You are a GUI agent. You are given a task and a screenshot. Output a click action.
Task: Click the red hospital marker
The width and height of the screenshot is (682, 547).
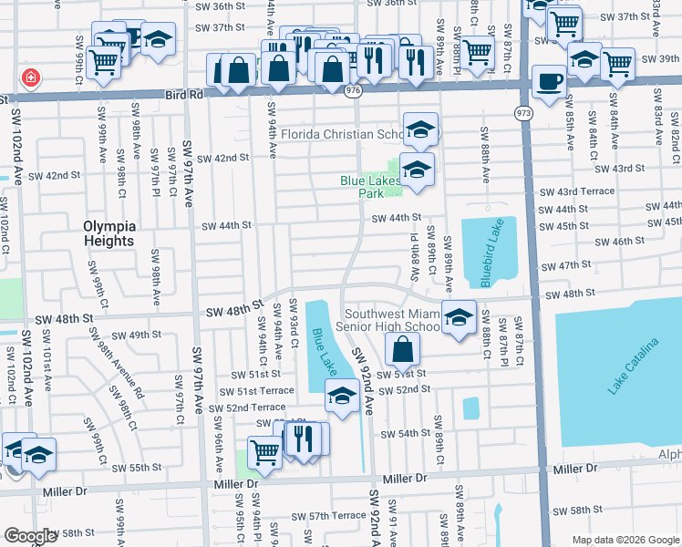tap(32, 77)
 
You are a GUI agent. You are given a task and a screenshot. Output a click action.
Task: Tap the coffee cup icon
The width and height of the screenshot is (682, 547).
tap(548, 80)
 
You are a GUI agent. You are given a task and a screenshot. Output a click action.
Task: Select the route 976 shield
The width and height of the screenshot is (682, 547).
tap(353, 92)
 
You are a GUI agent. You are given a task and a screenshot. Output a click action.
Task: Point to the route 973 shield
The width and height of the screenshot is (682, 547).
tap(522, 113)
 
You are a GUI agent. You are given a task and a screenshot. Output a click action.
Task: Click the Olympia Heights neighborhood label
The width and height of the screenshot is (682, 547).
tap(109, 233)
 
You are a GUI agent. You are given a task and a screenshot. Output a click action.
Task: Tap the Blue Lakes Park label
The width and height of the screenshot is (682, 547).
tap(369, 187)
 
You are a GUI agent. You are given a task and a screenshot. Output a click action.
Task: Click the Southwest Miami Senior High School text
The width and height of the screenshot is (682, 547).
tap(387, 320)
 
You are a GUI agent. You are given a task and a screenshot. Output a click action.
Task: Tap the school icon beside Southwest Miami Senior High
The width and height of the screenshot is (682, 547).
tap(460, 315)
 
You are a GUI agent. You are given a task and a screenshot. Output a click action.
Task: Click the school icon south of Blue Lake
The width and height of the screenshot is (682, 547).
tap(342, 396)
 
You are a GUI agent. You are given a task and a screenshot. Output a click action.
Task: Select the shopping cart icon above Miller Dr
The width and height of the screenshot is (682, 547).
tap(264, 451)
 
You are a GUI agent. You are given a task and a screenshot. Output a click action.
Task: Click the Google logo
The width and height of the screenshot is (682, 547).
tap(31, 536)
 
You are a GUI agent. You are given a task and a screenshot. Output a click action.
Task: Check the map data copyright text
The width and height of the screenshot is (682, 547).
tap(625, 540)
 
